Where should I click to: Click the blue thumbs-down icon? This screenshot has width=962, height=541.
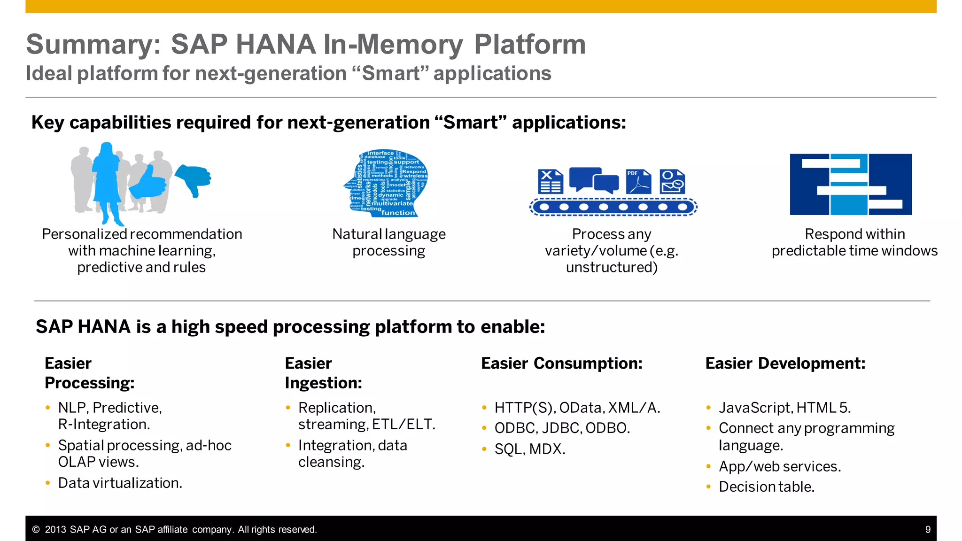click(x=193, y=178)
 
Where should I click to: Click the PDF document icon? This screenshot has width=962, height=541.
click(x=638, y=182)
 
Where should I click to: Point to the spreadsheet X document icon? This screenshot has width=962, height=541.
click(x=550, y=182)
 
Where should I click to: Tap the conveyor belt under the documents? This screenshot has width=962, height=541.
click(x=613, y=207)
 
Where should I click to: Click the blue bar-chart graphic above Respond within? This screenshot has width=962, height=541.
click(x=850, y=184)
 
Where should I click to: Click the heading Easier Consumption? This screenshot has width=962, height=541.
click(x=561, y=363)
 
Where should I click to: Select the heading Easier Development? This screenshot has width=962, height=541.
click(x=785, y=363)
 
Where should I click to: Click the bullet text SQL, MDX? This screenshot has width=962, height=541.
click(x=529, y=449)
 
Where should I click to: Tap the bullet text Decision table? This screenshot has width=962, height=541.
click(x=766, y=487)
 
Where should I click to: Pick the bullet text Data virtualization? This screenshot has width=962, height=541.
click(x=120, y=483)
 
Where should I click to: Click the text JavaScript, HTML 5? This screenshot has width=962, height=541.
click(x=784, y=408)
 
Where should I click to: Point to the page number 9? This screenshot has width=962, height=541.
click(x=928, y=530)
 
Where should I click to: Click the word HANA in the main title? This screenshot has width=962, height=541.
click(x=275, y=45)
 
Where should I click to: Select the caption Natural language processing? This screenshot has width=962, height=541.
click(x=388, y=242)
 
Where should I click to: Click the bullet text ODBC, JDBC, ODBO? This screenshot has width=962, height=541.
click(x=562, y=428)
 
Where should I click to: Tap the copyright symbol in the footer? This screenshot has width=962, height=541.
click(x=36, y=530)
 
